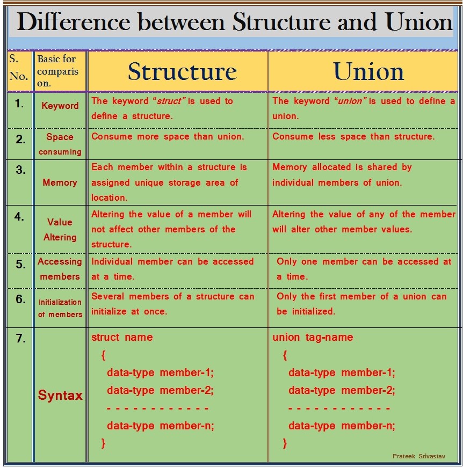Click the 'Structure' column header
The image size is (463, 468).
(x=182, y=71)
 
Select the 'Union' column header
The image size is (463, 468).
(x=368, y=71)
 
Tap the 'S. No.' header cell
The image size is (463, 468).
(x=18, y=68)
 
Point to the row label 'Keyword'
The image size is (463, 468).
(x=60, y=106)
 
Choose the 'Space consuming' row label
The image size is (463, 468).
(x=60, y=144)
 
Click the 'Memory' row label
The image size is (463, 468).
(x=60, y=182)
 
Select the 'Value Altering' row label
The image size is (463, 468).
(x=60, y=229)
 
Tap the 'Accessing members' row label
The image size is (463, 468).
(x=60, y=269)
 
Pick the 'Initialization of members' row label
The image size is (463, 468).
(x=60, y=308)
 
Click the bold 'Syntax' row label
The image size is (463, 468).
(x=60, y=396)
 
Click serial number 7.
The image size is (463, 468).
(x=20, y=339)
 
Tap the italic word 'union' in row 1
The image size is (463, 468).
(x=349, y=101)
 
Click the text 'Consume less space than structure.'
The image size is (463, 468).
(x=353, y=136)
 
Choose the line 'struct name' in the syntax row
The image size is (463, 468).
(x=122, y=338)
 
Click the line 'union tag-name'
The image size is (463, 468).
(x=313, y=338)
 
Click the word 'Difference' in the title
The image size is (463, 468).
(x=74, y=22)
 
